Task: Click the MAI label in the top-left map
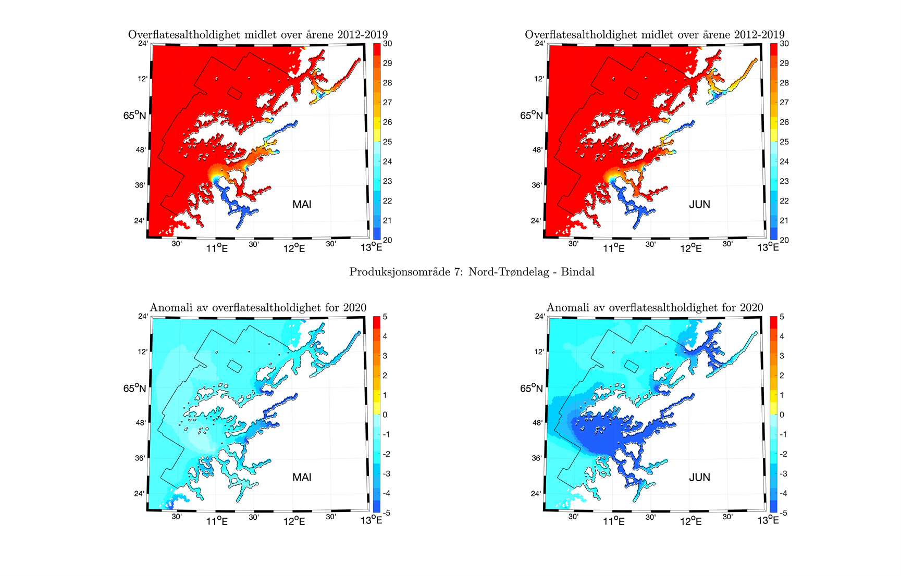coord(302,204)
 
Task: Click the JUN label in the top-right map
coord(699,204)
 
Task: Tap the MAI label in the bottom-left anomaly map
coord(302,477)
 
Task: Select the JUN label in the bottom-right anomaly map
coord(699,477)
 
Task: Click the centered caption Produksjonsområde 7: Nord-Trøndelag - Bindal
coord(472,272)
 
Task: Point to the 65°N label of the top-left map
coord(134,115)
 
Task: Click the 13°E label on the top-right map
coord(768,247)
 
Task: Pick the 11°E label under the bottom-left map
coord(216,521)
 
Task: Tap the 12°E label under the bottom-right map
coord(691,521)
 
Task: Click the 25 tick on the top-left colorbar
coord(387,142)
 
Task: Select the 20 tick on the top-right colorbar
coord(784,240)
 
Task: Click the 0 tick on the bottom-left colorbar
coord(386,415)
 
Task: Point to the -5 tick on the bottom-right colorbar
coord(783,513)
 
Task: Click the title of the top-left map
coord(258,35)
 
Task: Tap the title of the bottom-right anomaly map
coord(655,308)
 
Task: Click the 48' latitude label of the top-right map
coord(537,150)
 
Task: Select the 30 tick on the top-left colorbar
coord(387,44)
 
